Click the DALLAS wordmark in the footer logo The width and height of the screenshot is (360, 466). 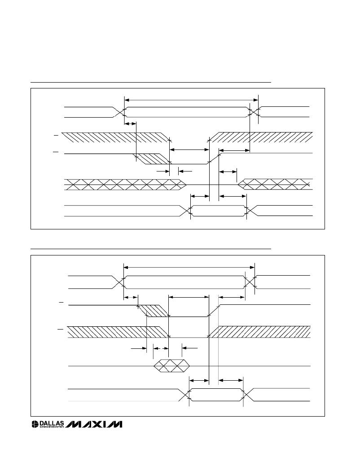[52, 423]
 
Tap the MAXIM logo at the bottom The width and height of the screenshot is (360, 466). [94, 424]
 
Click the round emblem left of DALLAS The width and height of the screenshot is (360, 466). [35, 424]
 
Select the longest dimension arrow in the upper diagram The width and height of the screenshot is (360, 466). [191, 100]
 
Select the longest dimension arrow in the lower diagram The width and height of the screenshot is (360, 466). [189, 267]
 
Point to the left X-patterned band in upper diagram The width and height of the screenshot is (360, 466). [125, 185]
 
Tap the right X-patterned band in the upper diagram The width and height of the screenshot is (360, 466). [275, 184]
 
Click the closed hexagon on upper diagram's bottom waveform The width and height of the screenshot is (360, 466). [219, 211]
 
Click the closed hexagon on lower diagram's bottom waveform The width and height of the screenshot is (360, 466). [216, 395]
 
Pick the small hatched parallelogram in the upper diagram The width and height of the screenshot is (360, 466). [151, 159]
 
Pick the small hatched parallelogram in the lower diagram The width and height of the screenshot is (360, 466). [154, 311]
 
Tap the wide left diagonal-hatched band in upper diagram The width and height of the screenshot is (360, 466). [116, 138]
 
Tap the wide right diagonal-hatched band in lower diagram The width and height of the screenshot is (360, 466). [259, 332]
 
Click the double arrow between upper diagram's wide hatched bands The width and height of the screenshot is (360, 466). [189, 150]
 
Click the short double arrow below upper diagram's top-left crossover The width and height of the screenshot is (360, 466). [130, 123]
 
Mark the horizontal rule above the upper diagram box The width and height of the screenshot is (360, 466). [151, 82]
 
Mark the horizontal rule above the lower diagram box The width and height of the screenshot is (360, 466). [151, 249]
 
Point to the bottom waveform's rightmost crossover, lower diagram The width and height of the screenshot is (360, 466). [247, 395]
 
